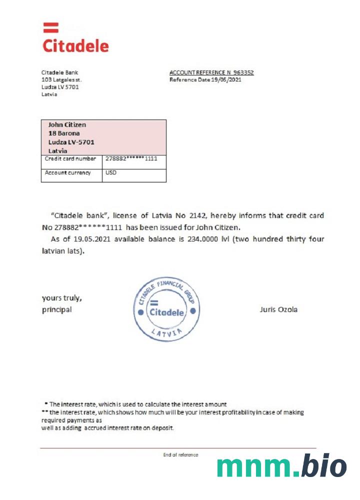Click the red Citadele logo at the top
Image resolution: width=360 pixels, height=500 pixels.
pos(75,39)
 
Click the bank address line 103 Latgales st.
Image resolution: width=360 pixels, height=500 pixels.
pos(61,79)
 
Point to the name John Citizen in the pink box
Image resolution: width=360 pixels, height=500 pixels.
pos(67,124)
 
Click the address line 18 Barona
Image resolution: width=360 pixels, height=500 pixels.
pos(64,133)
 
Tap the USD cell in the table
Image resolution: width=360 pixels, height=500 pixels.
pos(111,173)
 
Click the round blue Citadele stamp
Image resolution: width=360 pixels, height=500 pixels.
pos(167,309)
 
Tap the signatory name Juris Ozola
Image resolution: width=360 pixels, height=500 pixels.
pos(278,309)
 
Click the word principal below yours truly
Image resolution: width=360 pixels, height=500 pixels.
pos(56,309)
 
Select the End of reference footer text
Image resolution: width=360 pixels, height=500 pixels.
pos(180,454)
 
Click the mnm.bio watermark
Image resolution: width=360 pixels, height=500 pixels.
pos(281,466)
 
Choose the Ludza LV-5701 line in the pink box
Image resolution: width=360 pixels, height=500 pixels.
pos(71,142)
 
